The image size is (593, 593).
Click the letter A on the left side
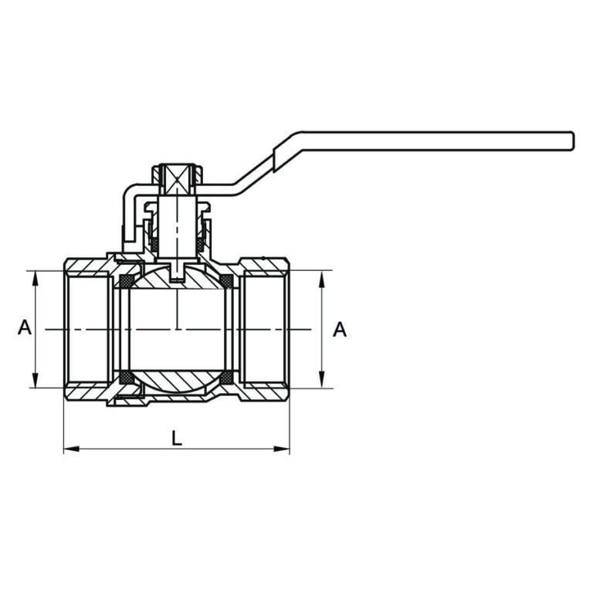coord(25,327)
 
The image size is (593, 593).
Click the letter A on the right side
coord(340,330)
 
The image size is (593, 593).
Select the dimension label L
coord(177,439)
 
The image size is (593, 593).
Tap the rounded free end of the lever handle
coord(573,141)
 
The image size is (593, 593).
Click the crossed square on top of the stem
coord(178,178)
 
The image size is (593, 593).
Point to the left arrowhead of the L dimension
coord(72,449)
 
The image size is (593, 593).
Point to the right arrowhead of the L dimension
coord(281,449)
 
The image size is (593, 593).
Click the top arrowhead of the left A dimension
coord(36,279)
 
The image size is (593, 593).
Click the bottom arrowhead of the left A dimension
coord(36,380)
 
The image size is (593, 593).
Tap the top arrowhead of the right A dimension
coord(322,279)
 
